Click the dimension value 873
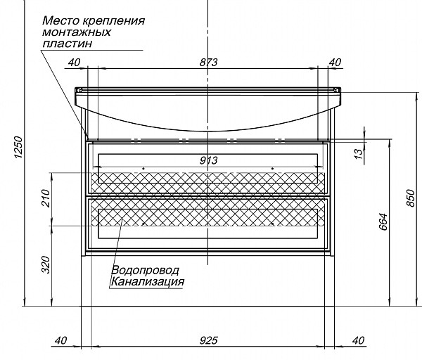(208, 63)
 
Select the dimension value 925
(208, 340)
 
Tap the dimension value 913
(208, 160)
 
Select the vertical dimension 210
(46, 200)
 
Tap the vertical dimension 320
(46, 264)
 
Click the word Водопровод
(145, 270)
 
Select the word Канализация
(147, 281)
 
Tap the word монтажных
(77, 32)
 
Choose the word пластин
(67, 43)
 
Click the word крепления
(119, 20)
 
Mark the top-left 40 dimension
(73, 63)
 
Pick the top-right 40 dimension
(335, 63)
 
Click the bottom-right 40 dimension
(357, 340)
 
